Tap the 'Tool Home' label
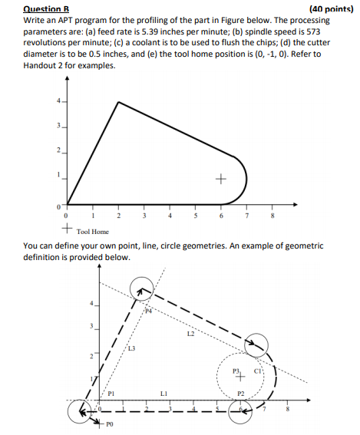(x=93, y=231)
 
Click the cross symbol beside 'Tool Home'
(x=68, y=228)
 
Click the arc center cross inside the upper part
(x=221, y=181)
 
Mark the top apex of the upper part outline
(x=117, y=101)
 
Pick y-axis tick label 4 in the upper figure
(x=56, y=101)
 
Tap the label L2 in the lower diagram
(x=190, y=334)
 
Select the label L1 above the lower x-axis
(x=163, y=394)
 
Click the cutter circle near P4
(x=141, y=289)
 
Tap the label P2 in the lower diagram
(x=240, y=393)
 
